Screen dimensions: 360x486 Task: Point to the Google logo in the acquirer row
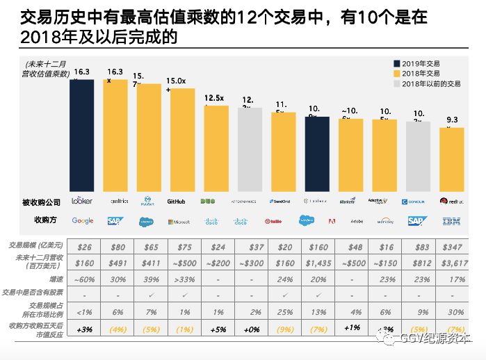click(x=82, y=220)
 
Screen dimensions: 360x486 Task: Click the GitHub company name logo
click(x=177, y=201)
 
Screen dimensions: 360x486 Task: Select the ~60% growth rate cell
click(x=85, y=279)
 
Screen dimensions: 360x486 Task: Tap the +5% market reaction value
click(x=217, y=327)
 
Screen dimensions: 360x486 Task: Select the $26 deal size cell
click(x=85, y=247)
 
